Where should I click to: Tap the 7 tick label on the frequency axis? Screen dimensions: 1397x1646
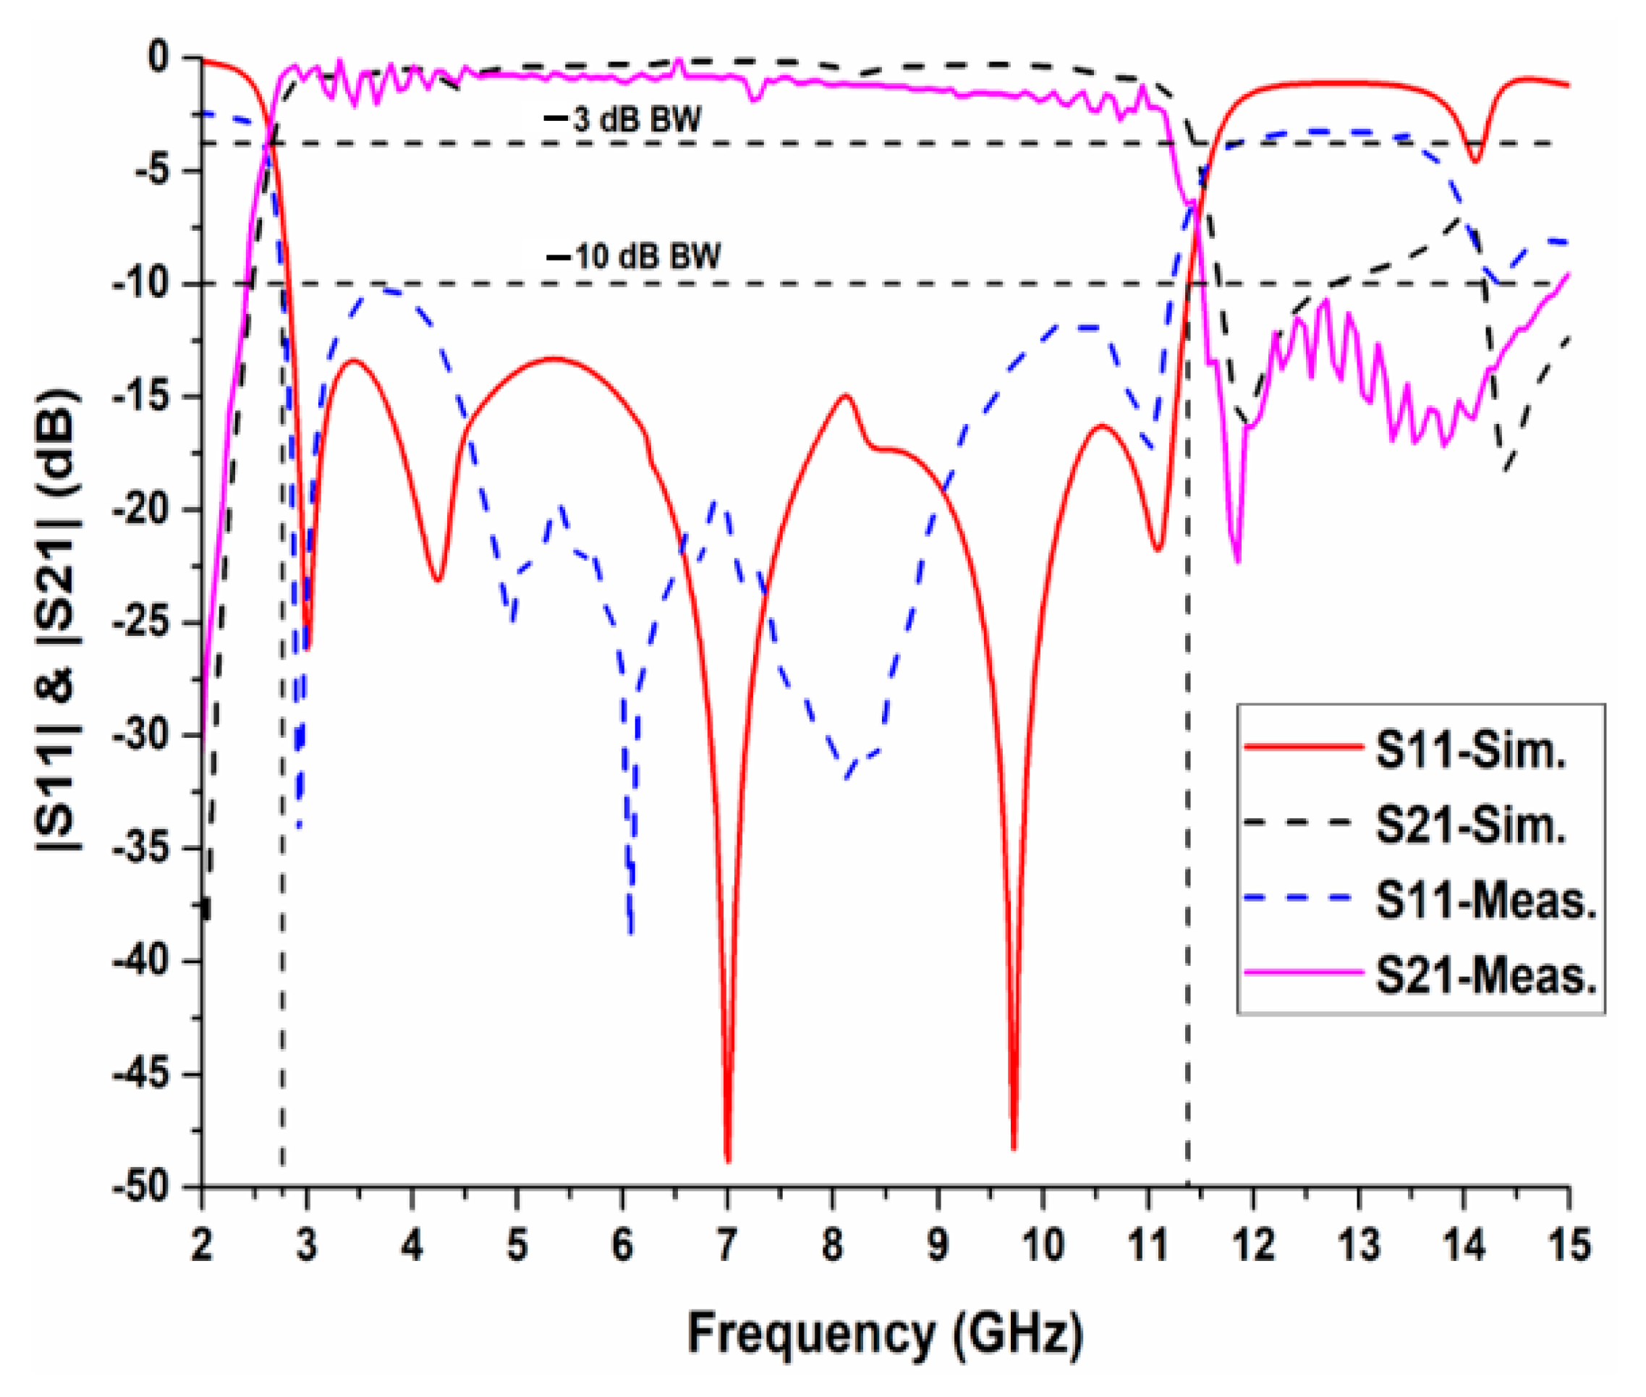(727, 1246)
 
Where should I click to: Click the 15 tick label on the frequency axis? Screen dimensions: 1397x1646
(1569, 1246)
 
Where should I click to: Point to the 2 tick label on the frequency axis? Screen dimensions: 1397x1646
(202, 1246)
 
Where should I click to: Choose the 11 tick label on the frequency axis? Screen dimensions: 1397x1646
(1147, 1246)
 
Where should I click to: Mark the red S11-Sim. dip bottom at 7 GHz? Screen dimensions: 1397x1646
(728, 1160)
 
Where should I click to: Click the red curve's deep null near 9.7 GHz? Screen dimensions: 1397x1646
(1014, 1147)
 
